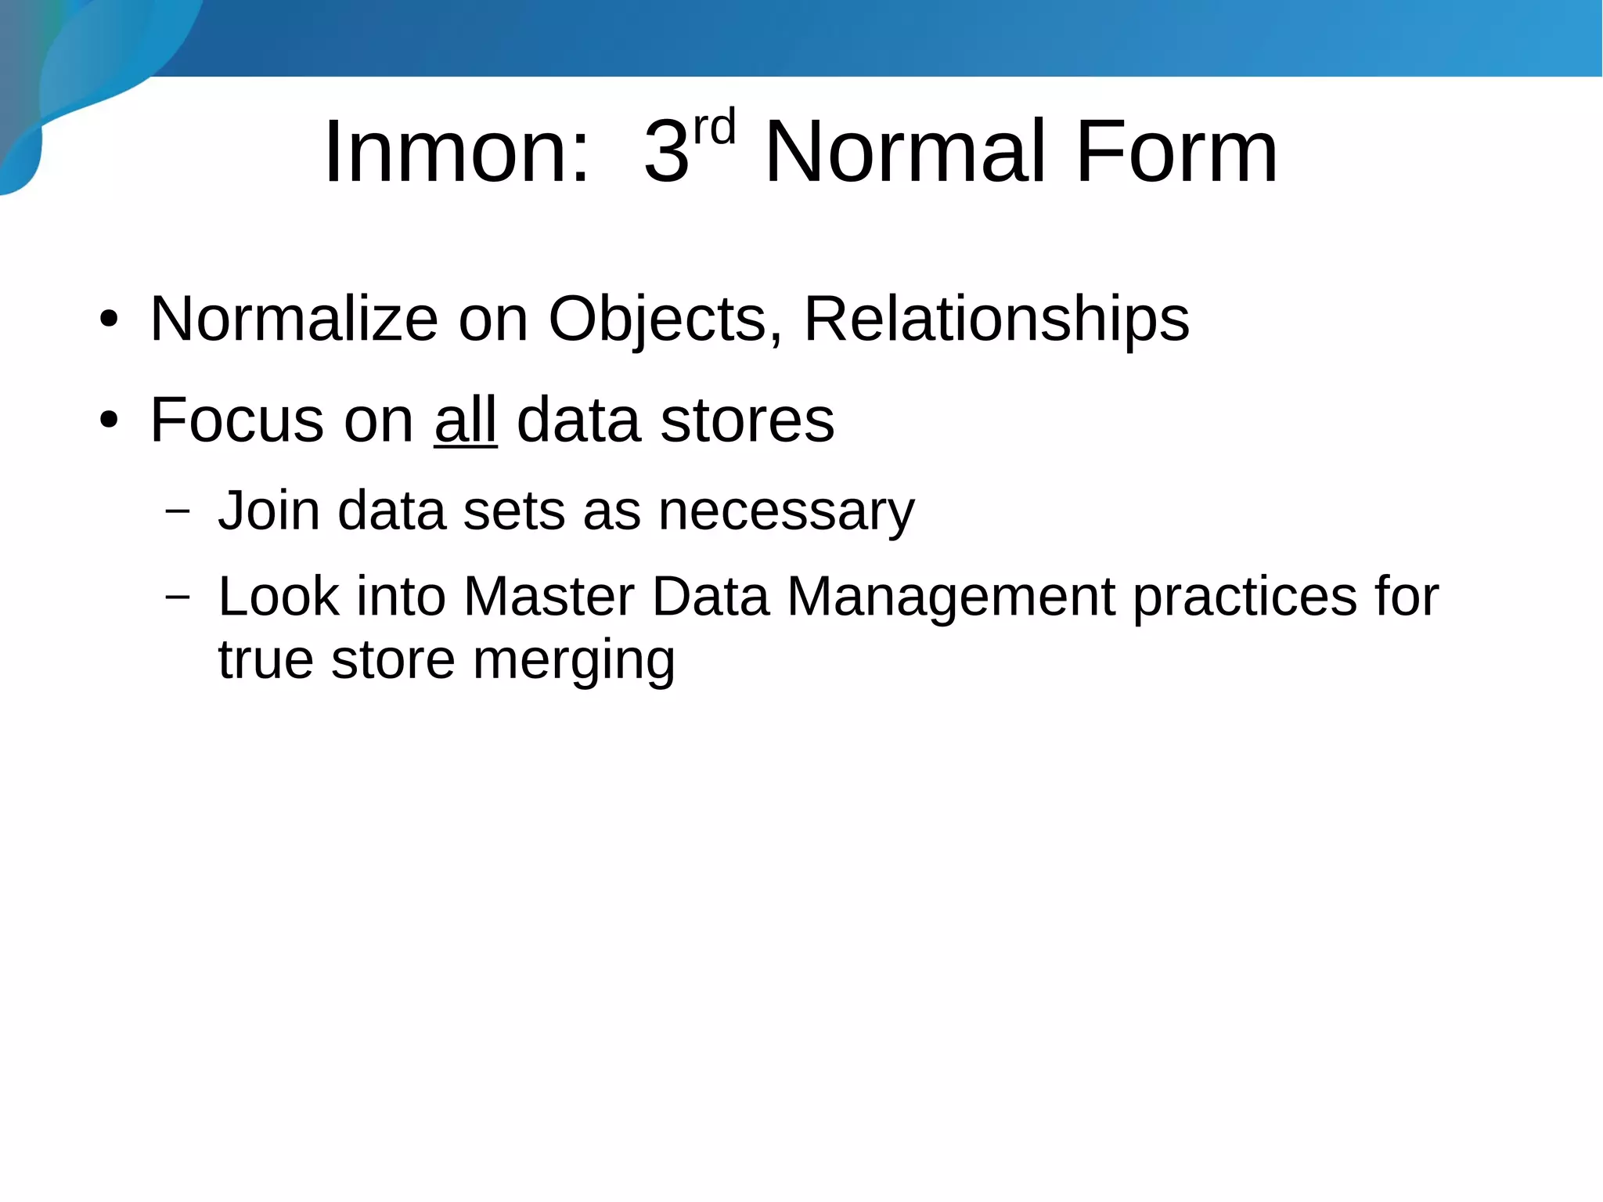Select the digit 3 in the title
(666, 152)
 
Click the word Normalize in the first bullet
(294, 319)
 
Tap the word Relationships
(996, 319)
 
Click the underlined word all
(466, 421)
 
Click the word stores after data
(747, 421)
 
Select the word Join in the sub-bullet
(268, 511)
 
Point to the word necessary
(786, 511)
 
